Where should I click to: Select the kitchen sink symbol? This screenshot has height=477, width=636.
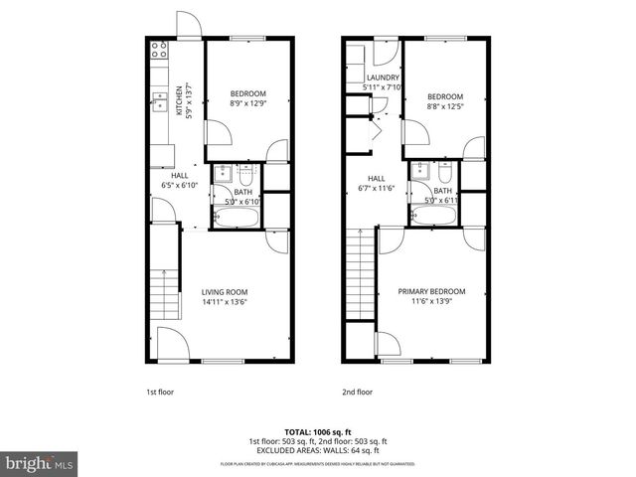pyautogui.click(x=158, y=99)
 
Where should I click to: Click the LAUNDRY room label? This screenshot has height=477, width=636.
pyautogui.click(x=383, y=78)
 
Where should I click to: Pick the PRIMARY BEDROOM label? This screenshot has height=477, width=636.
pyautogui.click(x=431, y=291)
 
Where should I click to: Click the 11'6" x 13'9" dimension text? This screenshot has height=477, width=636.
pyautogui.click(x=431, y=302)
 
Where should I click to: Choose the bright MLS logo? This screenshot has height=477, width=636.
pyautogui.click(x=40, y=462)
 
